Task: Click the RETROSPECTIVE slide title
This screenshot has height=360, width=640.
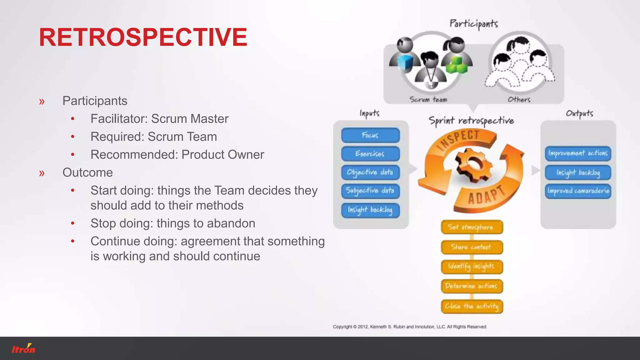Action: pyautogui.click(x=143, y=37)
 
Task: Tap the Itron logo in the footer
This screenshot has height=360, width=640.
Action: pyautogui.click(x=23, y=348)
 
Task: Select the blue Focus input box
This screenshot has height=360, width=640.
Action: pyautogui.click(x=370, y=135)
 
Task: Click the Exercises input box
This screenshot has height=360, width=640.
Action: pyautogui.click(x=370, y=154)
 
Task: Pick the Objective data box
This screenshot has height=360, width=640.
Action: pyautogui.click(x=370, y=172)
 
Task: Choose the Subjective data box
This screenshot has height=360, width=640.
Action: pyautogui.click(x=370, y=191)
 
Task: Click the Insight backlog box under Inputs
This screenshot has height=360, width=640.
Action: pyautogui.click(x=370, y=210)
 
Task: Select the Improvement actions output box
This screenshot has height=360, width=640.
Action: pyautogui.click(x=578, y=153)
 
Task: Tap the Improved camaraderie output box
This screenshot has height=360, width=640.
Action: pyautogui.click(x=578, y=191)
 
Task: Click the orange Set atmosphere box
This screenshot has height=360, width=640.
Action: pyautogui.click(x=472, y=227)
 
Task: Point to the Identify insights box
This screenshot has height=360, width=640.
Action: pyautogui.click(x=472, y=267)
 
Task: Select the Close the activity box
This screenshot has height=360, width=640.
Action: pyautogui.click(x=472, y=306)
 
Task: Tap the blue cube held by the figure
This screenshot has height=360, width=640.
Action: pyautogui.click(x=405, y=62)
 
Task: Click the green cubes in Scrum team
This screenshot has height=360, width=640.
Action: pyautogui.click(x=456, y=65)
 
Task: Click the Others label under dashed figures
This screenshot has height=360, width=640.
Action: pyautogui.click(x=519, y=100)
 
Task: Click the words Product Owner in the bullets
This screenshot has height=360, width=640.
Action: pyautogui.click(x=223, y=155)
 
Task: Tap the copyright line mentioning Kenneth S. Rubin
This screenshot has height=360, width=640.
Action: pyautogui.click(x=410, y=327)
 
